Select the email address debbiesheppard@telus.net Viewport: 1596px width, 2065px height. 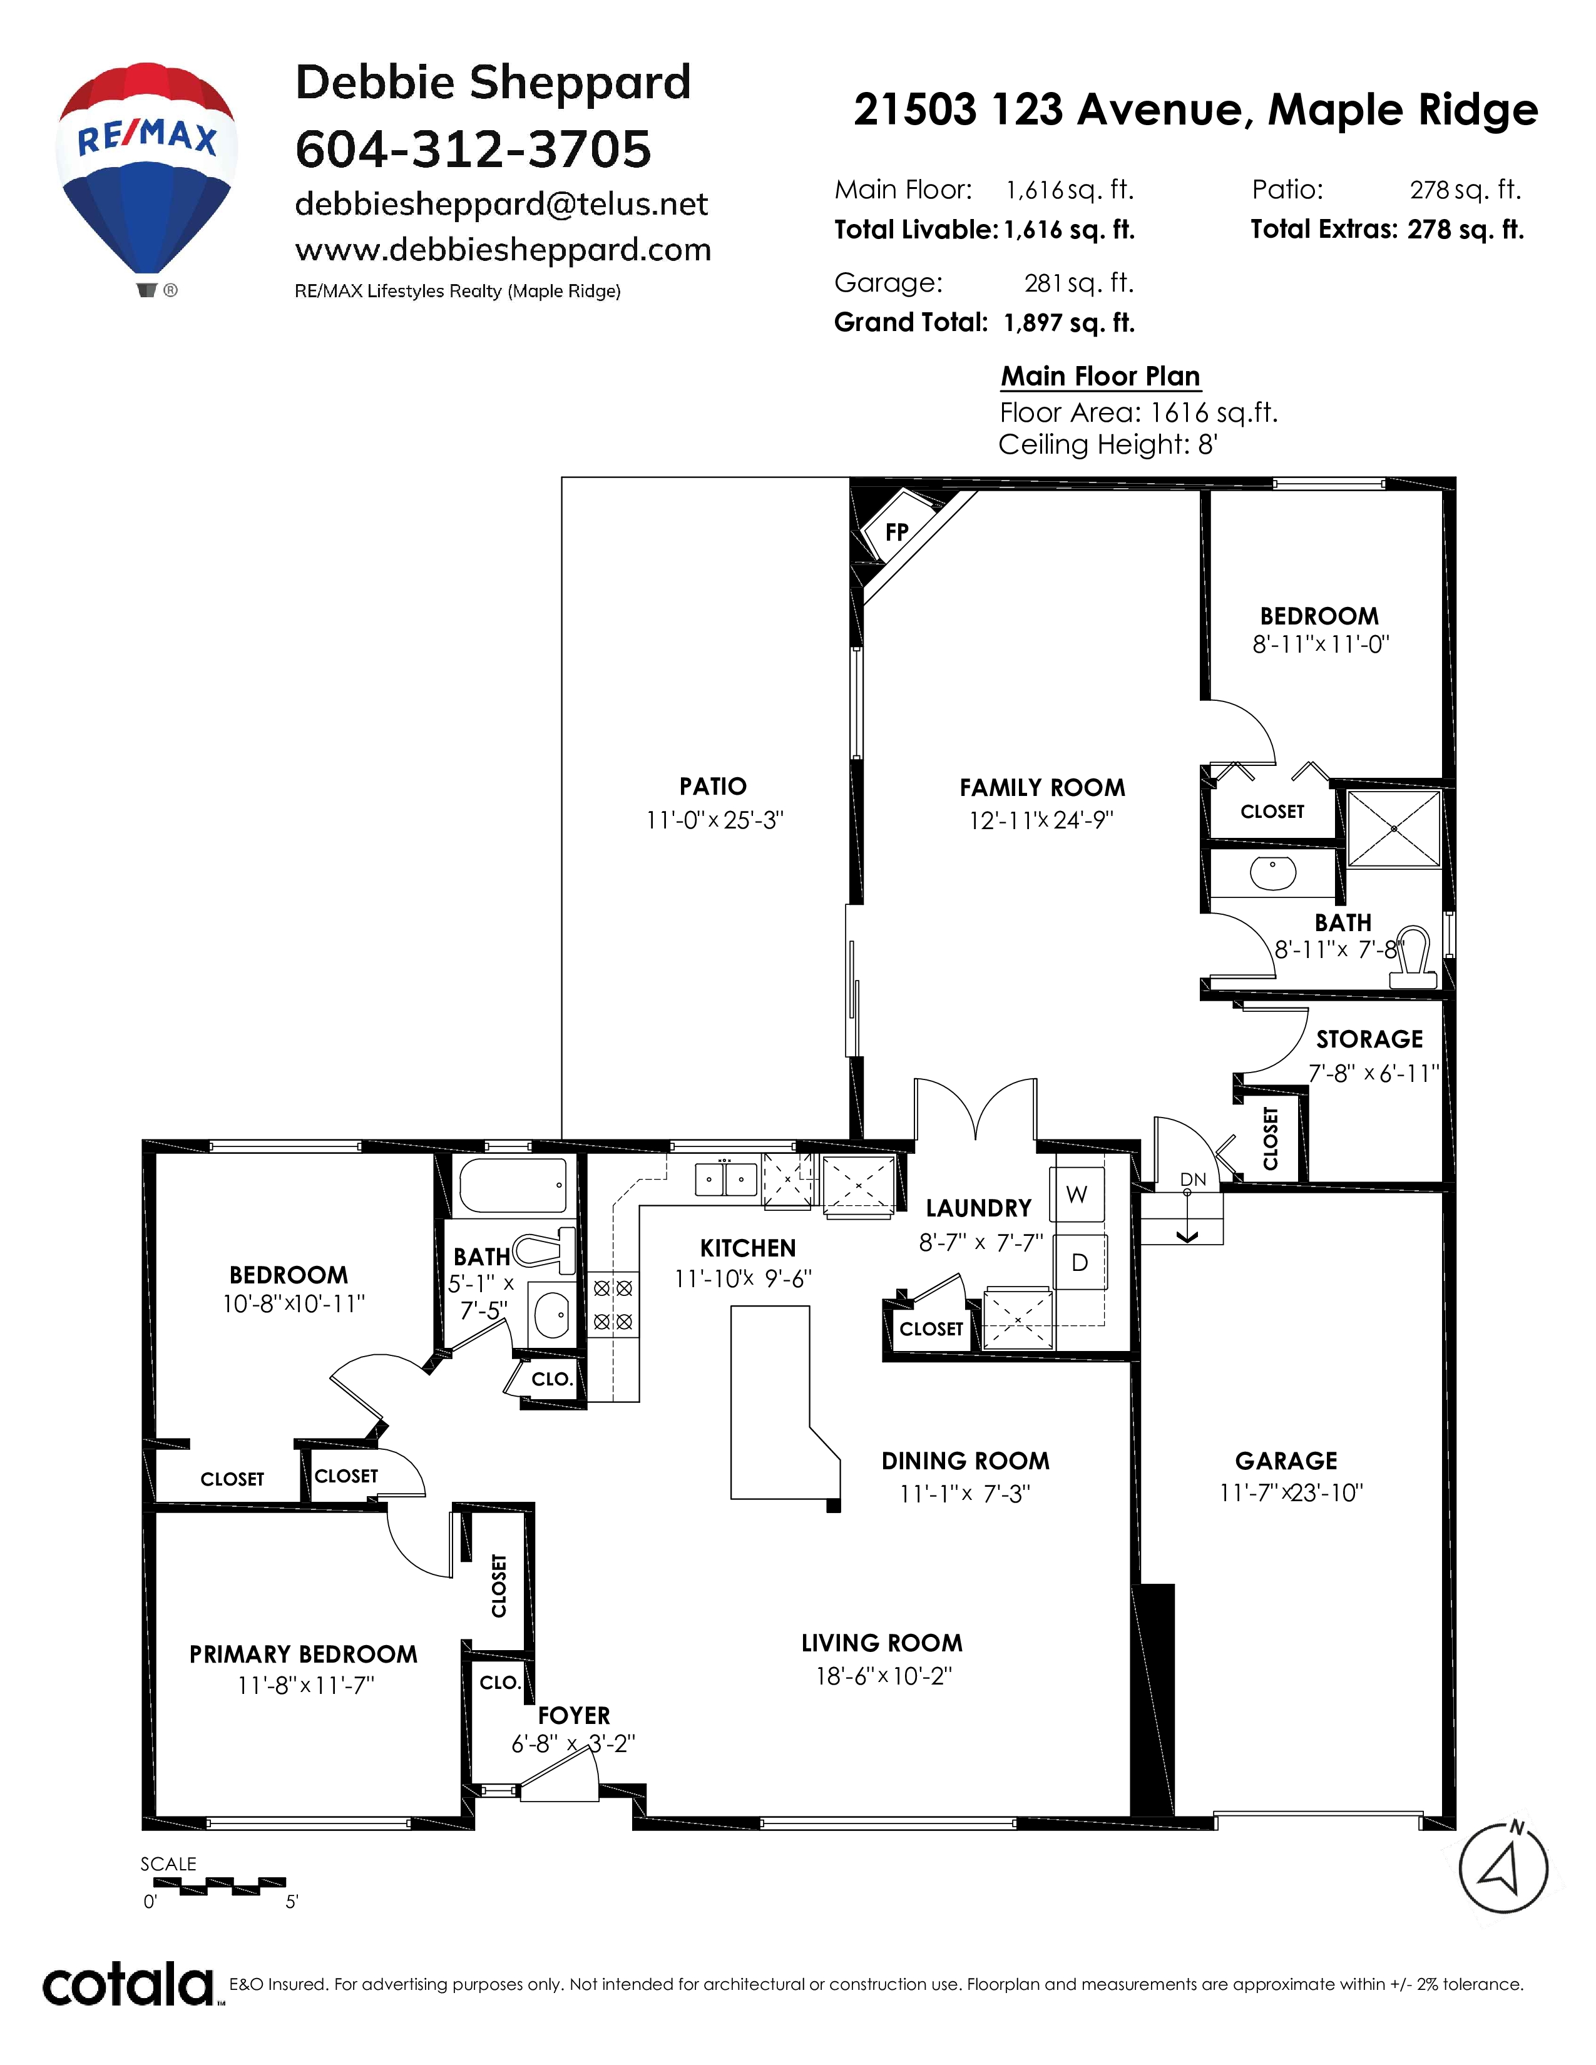coord(501,203)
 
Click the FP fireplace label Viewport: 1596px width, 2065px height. coord(896,533)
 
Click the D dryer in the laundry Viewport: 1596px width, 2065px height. coord(1079,1262)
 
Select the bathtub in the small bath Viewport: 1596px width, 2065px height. coord(511,1186)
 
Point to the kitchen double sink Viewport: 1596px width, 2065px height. coord(725,1178)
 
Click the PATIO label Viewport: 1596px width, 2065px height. coord(713,786)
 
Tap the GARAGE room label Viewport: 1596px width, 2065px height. coord(1286,1461)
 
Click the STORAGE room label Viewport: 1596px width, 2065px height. coord(1369,1039)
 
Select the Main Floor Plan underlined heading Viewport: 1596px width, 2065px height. coord(1100,376)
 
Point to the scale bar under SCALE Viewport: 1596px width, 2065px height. coord(213,1886)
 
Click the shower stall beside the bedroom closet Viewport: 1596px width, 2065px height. coord(1394,829)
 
